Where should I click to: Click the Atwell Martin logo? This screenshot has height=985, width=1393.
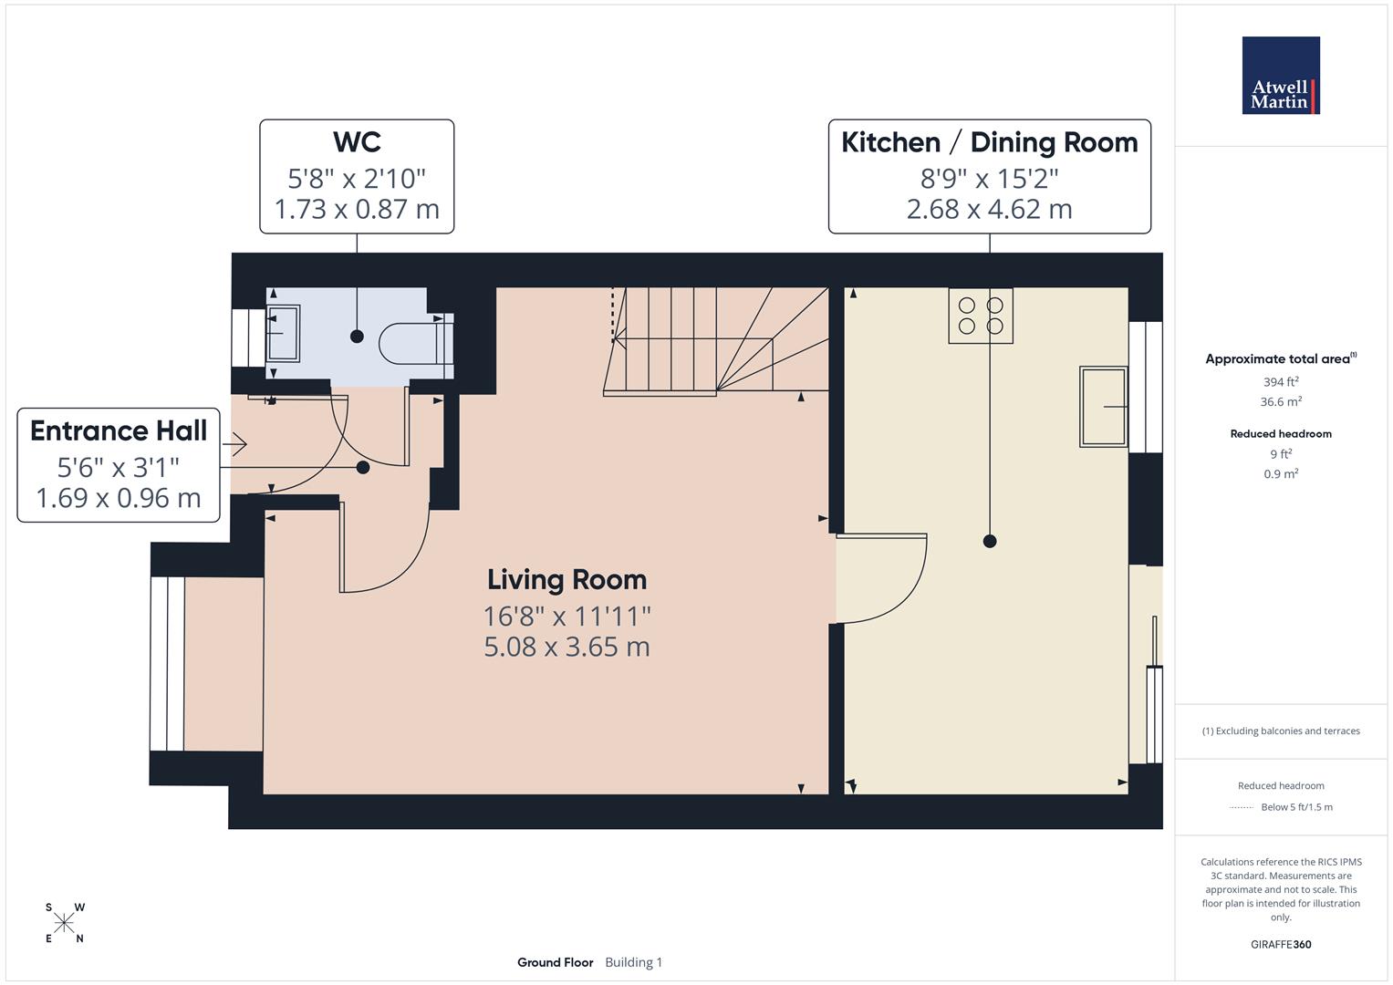(x=1281, y=76)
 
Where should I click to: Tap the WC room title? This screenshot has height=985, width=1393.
(x=357, y=142)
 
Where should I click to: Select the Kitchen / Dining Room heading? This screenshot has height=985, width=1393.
(x=989, y=142)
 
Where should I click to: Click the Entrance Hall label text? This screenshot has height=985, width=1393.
(x=119, y=430)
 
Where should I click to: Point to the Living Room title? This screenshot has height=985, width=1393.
(x=567, y=579)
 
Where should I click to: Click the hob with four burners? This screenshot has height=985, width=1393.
(x=981, y=316)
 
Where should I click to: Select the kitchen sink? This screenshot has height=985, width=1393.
(x=1104, y=406)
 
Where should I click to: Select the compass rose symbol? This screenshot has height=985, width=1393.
(x=64, y=923)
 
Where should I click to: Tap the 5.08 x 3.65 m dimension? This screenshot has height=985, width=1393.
(x=567, y=647)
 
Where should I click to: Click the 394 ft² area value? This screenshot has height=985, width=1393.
(x=1281, y=382)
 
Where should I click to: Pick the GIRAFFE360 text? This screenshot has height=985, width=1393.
(x=1281, y=944)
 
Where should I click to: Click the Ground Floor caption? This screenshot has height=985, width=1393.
(x=555, y=962)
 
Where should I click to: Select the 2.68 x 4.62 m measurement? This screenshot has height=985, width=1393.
(x=989, y=209)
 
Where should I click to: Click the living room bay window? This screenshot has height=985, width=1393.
(x=167, y=663)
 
